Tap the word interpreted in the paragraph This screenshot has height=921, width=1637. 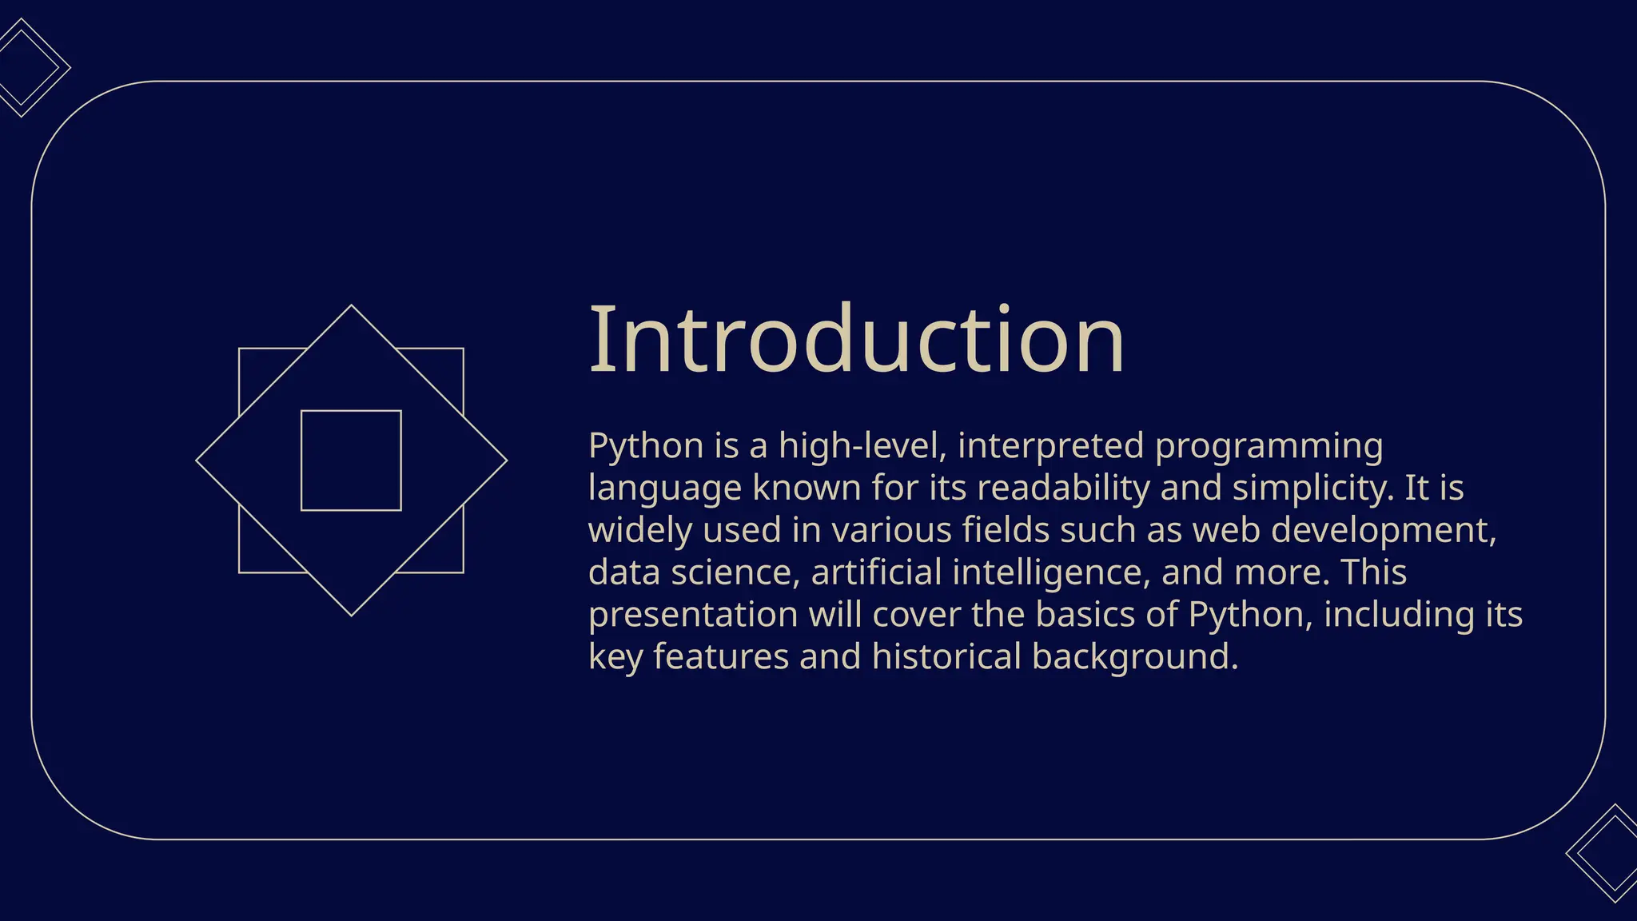tap(1050, 446)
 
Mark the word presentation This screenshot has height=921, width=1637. tap(693, 616)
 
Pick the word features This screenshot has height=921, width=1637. tap(721, 656)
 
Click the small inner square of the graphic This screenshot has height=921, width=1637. tap(351, 460)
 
